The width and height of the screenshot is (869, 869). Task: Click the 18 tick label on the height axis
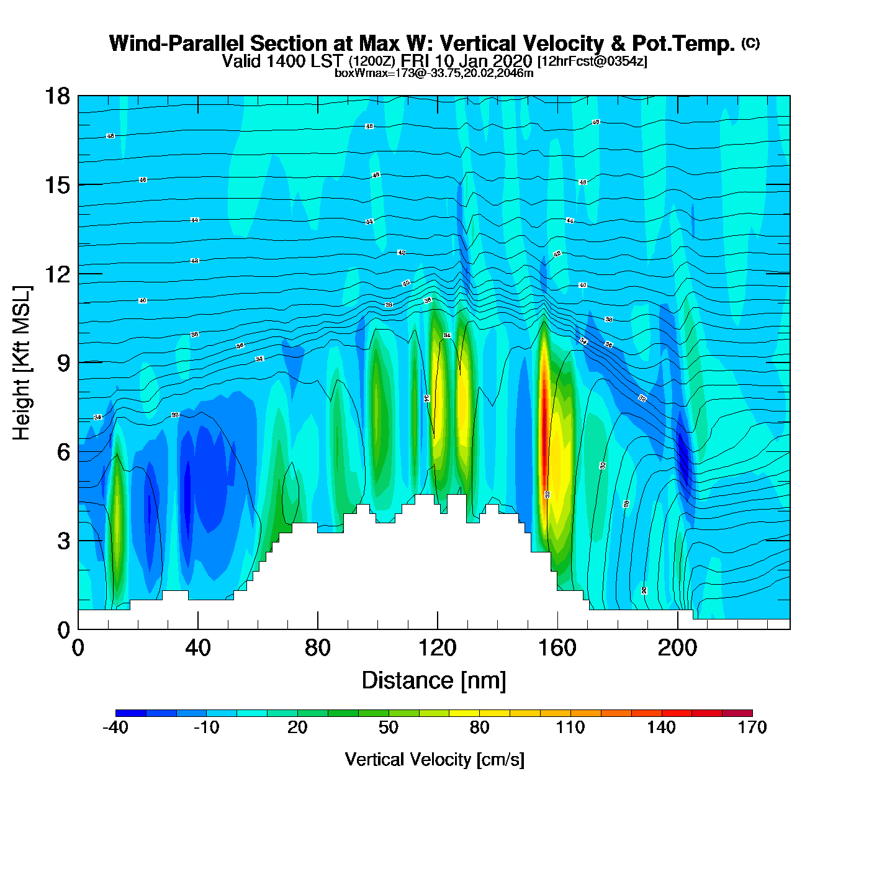[x=56, y=97]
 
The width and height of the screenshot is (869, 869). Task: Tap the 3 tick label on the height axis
[x=64, y=541]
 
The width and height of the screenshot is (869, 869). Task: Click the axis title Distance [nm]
[x=434, y=681]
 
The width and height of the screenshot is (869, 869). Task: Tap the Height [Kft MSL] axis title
[x=22, y=363]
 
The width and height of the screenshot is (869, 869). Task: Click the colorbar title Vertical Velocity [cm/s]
[x=434, y=759]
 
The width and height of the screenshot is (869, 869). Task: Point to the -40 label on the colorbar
[x=115, y=727]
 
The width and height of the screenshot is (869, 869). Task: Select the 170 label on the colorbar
[x=752, y=727]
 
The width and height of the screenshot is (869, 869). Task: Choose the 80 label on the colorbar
[x=479, y=727]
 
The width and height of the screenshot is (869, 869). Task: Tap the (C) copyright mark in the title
[x=750, y=43]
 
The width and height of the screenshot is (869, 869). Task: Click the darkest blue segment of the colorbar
[x=131, y=713]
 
